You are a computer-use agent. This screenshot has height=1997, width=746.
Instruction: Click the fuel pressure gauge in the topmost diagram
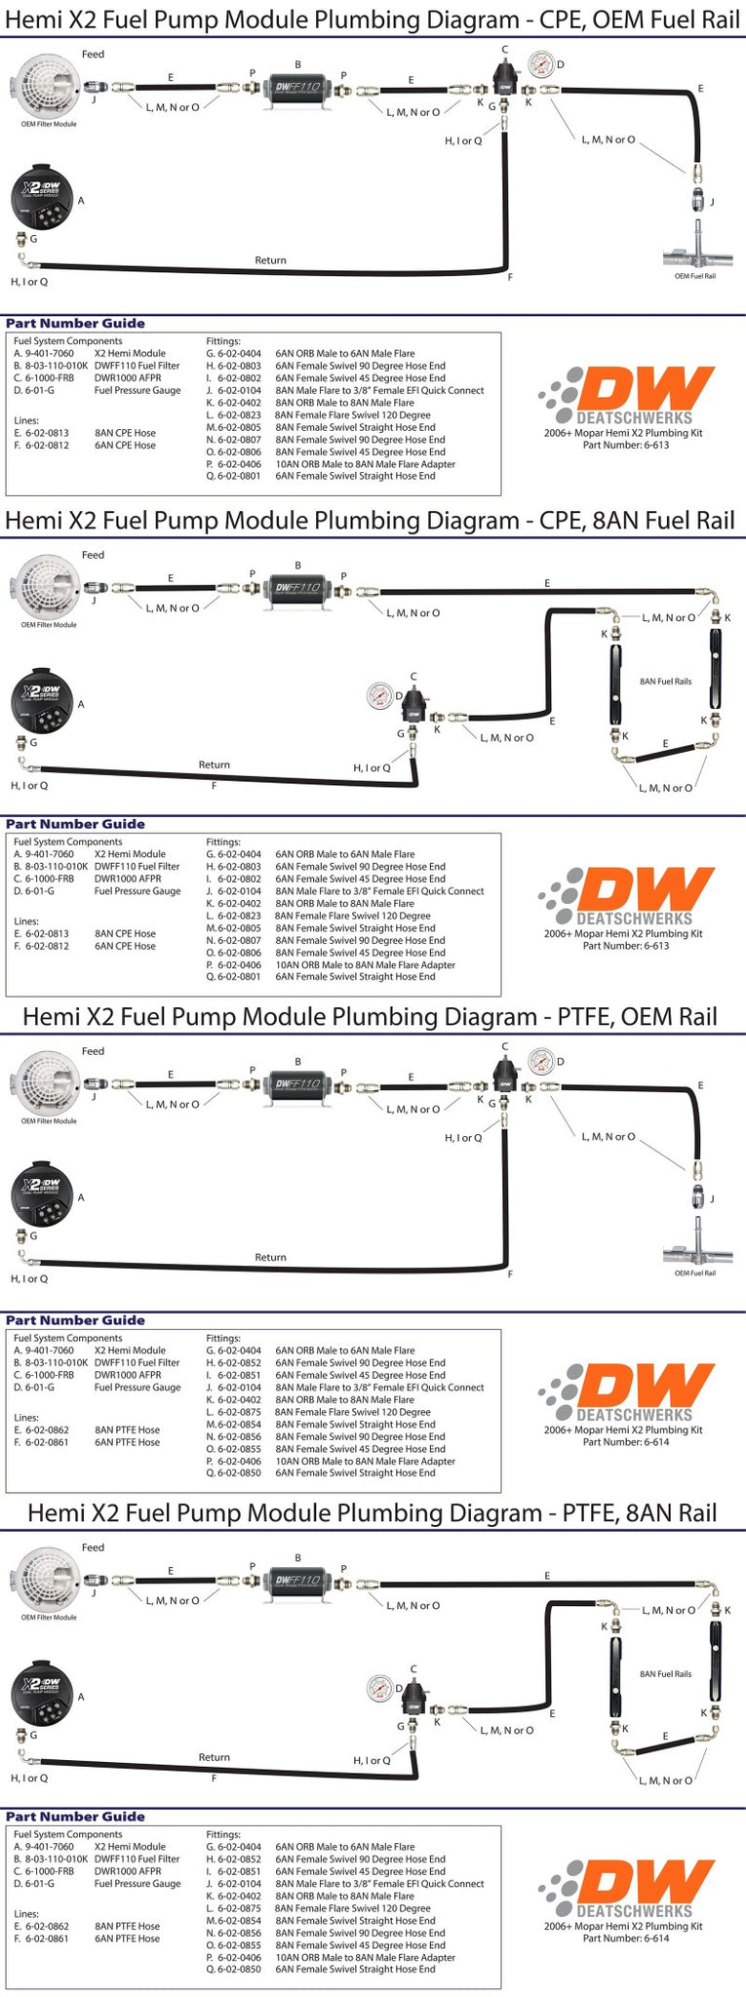point(540,66)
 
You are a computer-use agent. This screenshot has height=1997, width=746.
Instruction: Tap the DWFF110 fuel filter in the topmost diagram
point(297,87)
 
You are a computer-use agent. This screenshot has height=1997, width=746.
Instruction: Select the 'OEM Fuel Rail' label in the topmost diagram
point(694,276)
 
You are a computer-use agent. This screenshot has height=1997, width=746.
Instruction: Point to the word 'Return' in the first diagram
point(270,260)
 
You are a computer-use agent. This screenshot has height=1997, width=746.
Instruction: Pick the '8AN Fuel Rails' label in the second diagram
point(665,682)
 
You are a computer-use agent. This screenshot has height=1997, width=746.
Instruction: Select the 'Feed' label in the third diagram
point(93,1051)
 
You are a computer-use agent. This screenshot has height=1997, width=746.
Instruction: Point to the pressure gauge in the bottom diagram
point(379,1687)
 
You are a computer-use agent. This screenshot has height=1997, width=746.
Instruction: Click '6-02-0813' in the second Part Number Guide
point(47,933)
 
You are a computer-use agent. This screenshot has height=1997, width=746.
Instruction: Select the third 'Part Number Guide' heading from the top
point(75,1320)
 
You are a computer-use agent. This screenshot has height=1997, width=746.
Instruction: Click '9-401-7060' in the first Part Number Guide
point(49,354)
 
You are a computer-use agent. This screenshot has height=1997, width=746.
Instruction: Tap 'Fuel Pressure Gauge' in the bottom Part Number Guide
point(137,1884)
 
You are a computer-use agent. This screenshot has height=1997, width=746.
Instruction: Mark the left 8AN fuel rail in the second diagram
point(617,679)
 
